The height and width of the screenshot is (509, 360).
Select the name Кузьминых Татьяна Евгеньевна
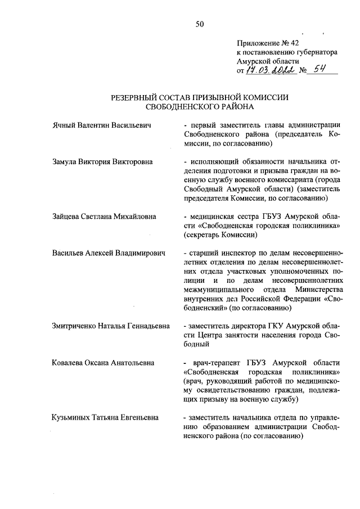click(x=105, y=417)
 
